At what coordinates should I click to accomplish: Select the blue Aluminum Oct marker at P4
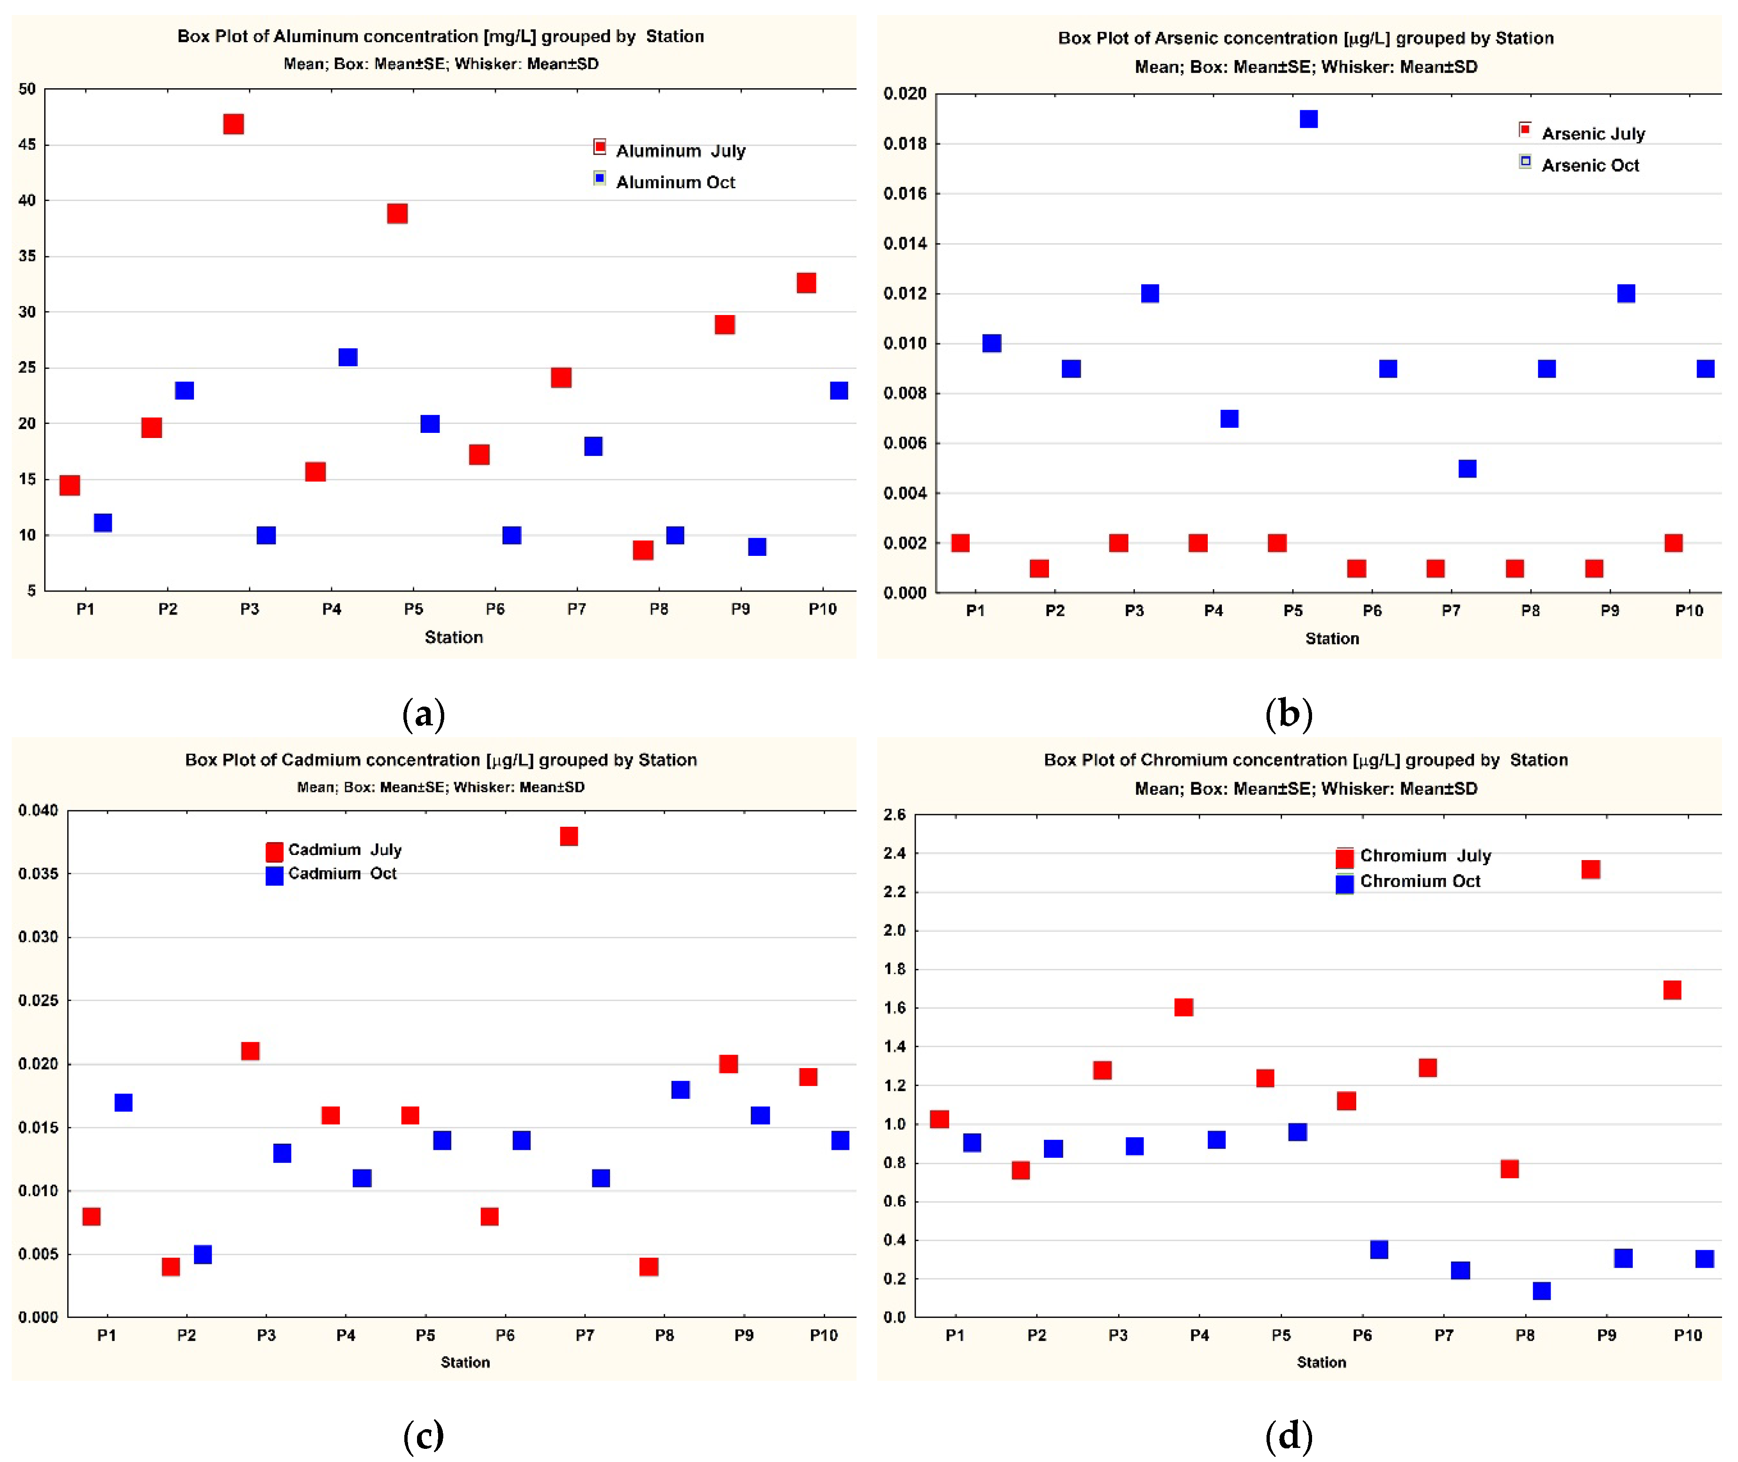(348, 357)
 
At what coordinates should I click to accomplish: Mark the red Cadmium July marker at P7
(569, 836)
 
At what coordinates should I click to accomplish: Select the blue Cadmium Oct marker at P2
(203, 1254)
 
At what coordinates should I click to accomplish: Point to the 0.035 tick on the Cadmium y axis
(38, 874)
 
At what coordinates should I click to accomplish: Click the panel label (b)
(1289, 714)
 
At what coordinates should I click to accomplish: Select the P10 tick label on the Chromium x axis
(1687, 1335)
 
